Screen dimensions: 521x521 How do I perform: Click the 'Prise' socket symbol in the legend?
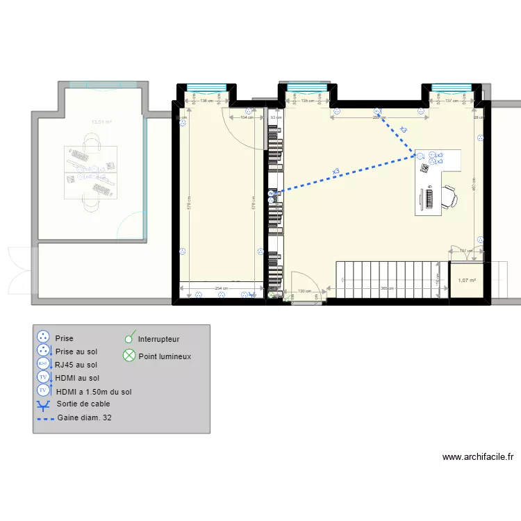[44, 338]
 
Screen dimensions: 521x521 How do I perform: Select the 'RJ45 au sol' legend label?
[76, 364]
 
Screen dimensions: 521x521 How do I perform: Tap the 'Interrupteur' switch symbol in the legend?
[129, 339]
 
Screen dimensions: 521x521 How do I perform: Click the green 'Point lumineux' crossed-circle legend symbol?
[129, 356]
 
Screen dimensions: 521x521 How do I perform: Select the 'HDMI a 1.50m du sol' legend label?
[94, 391]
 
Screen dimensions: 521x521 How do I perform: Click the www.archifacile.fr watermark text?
[477, 457]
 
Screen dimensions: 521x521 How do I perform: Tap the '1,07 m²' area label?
[467, 281]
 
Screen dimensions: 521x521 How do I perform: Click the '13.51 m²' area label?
[102, 123]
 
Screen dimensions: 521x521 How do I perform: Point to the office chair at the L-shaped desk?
[448, 197]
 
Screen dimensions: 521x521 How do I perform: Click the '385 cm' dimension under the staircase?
[386, 290]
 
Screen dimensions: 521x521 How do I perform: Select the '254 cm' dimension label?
[221, 289]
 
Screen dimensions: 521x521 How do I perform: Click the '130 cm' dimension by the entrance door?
[304, 291]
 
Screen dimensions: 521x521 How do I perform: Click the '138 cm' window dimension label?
[206, 101]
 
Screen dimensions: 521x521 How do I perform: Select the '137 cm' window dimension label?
[452, 101]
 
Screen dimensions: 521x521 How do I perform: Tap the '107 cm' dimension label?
[465, 251]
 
